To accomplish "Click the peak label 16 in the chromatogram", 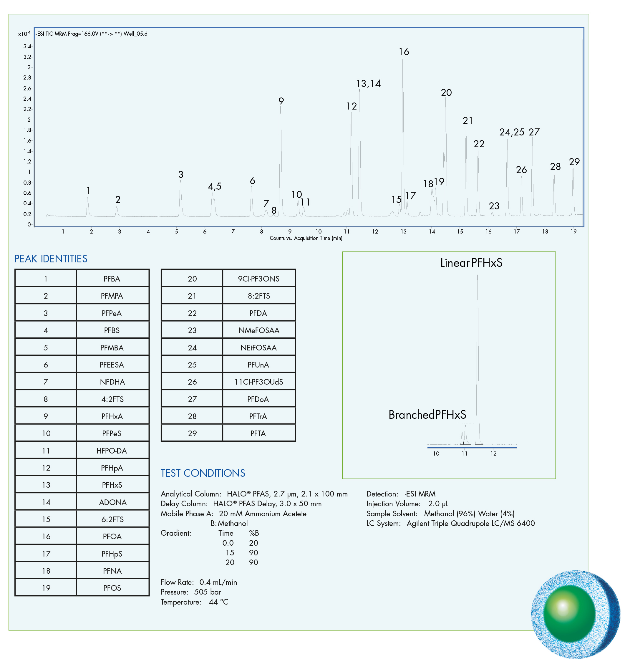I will click(x=404, y=52).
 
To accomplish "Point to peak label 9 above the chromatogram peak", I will click(x=281, y=101).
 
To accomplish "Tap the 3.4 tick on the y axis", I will click(x=27, y=46).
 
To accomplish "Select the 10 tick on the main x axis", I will click(x=318, y=231).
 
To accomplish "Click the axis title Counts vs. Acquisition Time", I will click(x=306, y=238).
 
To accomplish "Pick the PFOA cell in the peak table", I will click(x=112, y=536).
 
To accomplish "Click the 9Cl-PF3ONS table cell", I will click(x=258, y=279).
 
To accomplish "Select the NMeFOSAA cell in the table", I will click(x=258, y=330).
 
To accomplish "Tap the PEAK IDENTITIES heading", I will click(x=51, y=259).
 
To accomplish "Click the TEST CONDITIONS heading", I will click(x=203, y=473).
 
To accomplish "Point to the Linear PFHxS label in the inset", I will click(x=471, y=263).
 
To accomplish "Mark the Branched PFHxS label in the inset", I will click(x=427, y=415).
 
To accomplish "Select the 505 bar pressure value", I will click(x=208, y=592).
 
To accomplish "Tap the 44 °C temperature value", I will click(x=218, y=602).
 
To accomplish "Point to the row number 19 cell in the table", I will click(x=46, y=588).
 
